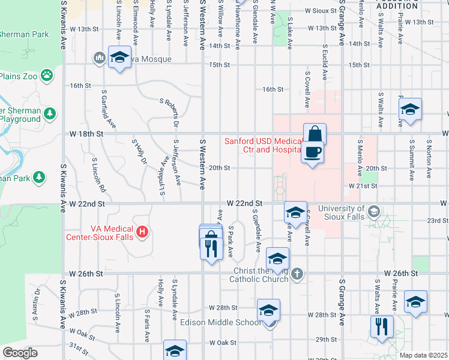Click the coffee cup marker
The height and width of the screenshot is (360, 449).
tap(312, 152)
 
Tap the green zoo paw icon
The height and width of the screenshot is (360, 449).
tap(47, 76)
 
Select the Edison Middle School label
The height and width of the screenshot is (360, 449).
tap(220, 322)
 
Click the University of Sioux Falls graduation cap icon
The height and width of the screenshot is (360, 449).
tap(374, 211)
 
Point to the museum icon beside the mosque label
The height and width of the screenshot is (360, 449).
tap(98, 58)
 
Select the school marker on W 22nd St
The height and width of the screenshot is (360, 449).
tap(295, 212)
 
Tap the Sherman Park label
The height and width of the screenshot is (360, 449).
tap(24, 34)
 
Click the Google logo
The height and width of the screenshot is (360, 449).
tap(20, 353)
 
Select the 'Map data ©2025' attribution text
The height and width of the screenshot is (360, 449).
tap(424, 355)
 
